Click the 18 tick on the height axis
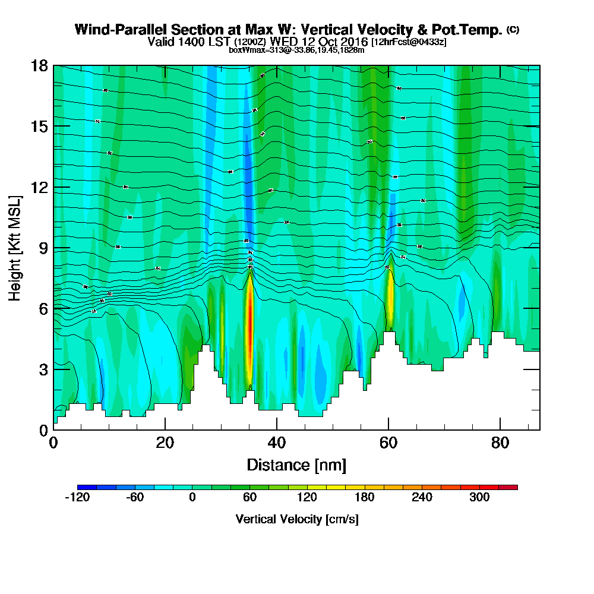53,65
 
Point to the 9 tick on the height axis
53,247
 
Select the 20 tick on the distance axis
165,429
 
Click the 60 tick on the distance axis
388,429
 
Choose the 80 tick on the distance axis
500,429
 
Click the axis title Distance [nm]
296,464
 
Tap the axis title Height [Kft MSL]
15,247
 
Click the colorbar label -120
77,497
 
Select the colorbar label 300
479,497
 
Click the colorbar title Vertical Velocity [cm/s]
297,519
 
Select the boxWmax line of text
296,50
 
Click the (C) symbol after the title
513,29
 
